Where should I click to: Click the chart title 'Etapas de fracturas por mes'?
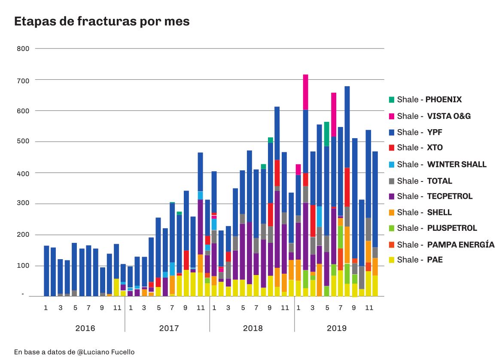[x=102, y=21]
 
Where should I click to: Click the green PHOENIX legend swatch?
[x=391, y=100]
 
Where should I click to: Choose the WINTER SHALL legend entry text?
[x=441, y=164]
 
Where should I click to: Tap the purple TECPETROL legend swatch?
[x=391, y=197]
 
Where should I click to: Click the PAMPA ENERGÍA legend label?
[x=446, y=245]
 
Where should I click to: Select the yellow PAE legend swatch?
[x=391, y=260]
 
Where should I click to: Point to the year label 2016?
[x=85, y=329]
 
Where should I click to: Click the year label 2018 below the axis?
[x=253, y=329]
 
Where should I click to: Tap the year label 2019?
[x=336, y=329]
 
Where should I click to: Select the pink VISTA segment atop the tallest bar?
[x=306, y=92]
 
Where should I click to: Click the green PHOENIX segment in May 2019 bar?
[x=327, y=134]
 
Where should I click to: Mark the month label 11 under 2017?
[x=200, y=308]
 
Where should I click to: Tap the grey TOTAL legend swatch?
[x=391, y=181]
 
